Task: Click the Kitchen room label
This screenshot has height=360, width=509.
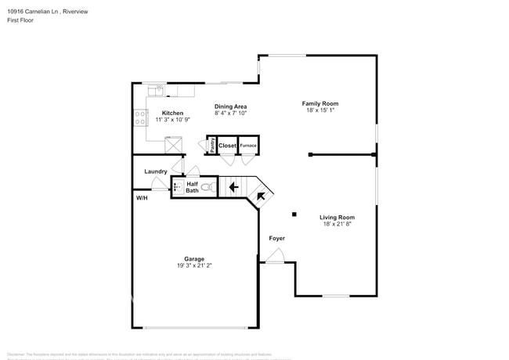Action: click(172, 113)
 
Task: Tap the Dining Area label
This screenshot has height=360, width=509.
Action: click(230, 106)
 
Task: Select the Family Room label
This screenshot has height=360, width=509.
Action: click(320, 103)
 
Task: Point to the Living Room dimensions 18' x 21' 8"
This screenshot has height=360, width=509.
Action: click(337, 224)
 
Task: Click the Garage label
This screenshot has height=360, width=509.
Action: click(194, 259)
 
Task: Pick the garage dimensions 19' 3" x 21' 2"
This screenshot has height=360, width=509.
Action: click(194, 266)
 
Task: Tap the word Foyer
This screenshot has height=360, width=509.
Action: click(277, 238)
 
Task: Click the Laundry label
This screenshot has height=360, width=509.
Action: click(156, 171)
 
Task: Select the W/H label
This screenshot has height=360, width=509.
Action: click(142, 199)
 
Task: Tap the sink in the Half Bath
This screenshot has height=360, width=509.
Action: click(178, 188)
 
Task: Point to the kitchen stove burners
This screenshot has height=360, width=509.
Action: click(141, 118)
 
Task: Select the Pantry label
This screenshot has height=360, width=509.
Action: click(213, 145)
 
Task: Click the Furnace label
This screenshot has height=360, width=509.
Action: click(247, 146)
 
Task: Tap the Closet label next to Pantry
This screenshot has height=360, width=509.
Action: click(227, 146)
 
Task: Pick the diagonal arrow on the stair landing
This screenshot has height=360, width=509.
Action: click(262, 196)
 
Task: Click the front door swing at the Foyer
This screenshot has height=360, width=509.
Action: click(275, 256)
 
